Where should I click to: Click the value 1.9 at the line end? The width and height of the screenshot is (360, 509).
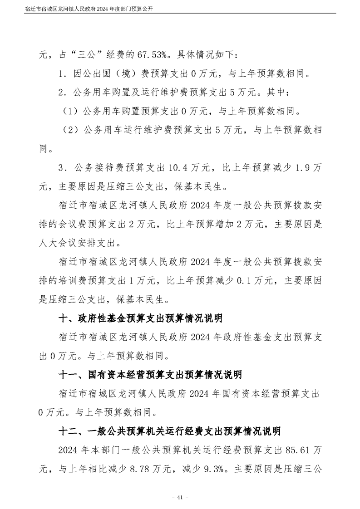(303, 168)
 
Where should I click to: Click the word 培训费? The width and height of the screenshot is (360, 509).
(86, 281)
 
